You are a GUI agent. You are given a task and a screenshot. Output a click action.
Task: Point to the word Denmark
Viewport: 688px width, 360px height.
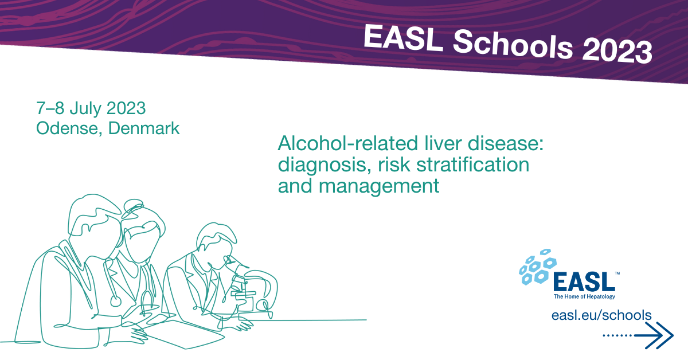pyautogui.click(x=144, y=128)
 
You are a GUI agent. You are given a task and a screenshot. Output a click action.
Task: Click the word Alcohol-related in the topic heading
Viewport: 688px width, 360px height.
pyautogui.click(x=348, y=143)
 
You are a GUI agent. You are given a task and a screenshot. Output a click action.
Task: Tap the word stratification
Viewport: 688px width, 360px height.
pyautogui.click(x=473, y=165)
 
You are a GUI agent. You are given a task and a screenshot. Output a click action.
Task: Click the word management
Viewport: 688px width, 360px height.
pyautogui.click(x=379, y=186)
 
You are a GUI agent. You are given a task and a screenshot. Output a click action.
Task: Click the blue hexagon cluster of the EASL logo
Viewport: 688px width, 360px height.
pyautogui.click(x=538, y=267)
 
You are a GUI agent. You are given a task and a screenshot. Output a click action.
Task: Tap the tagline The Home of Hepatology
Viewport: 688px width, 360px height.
pyautogui.click(x=584, y=296)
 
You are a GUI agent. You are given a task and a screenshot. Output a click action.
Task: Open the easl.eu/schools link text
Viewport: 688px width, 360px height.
pyautogui.click(x=601, y=315)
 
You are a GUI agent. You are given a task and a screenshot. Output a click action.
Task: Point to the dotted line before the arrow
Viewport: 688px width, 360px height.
pyautogui.click(x=617, y=335)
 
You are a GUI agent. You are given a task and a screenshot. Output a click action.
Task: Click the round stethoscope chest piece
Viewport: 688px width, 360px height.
pyautogui.click(x=116, y=302)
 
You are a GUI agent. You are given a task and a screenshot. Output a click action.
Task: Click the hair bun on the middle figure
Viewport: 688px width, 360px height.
pyautogui.click(x=134, y=205)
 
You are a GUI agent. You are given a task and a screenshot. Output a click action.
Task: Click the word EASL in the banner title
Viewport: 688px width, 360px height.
pyautogui.click(x=403, y=38)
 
